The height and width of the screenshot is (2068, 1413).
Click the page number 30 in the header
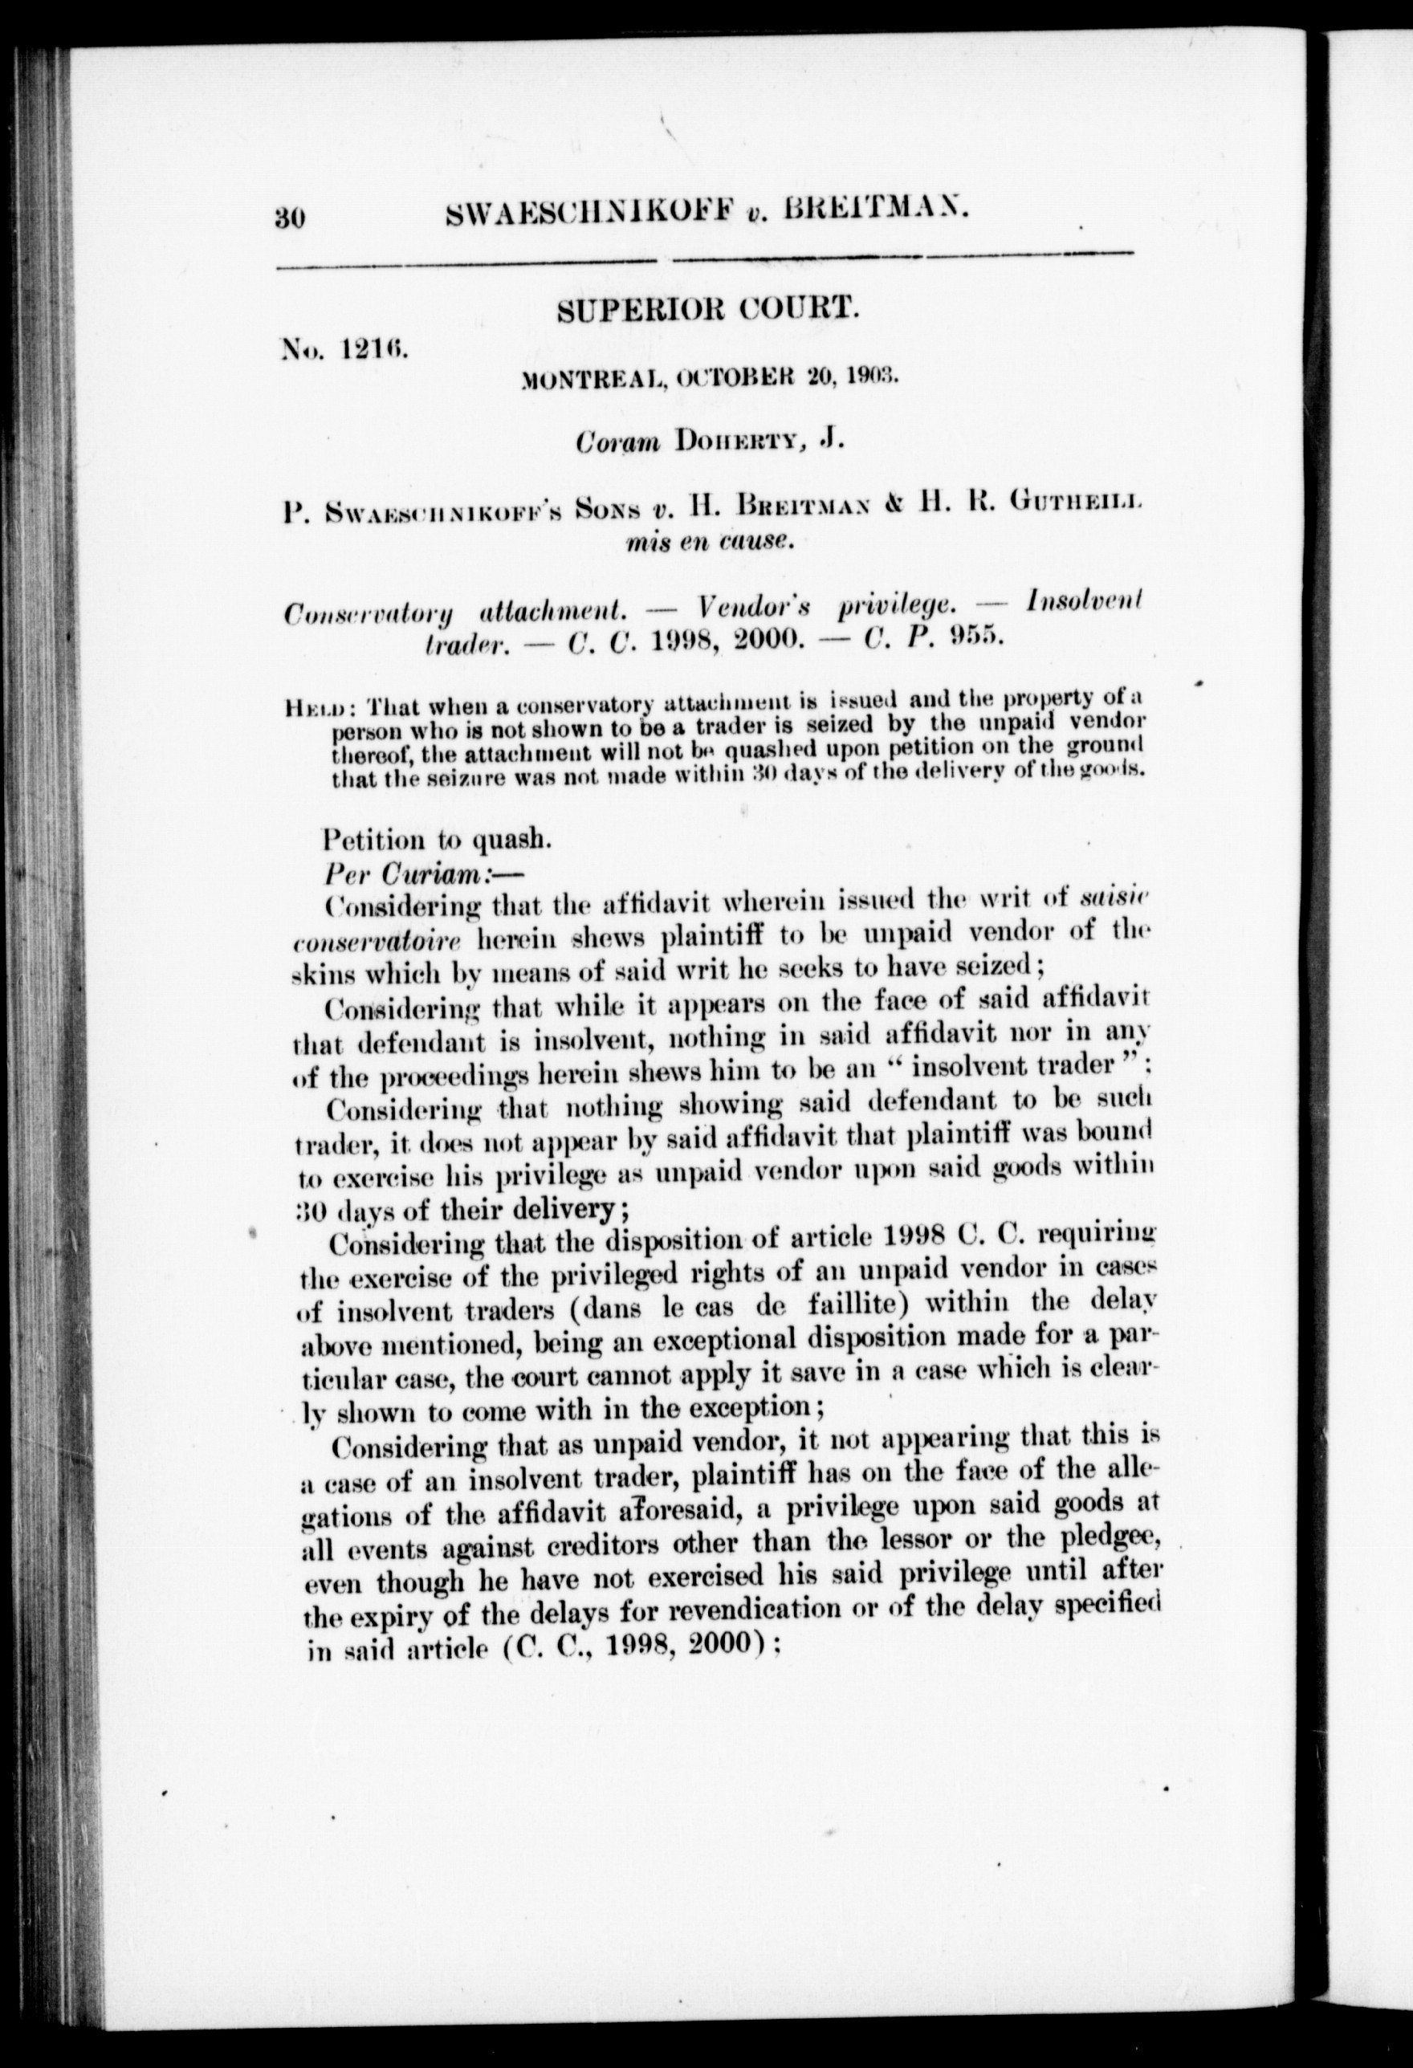coord(291,216)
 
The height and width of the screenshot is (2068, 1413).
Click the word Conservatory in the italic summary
coord(367,613)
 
